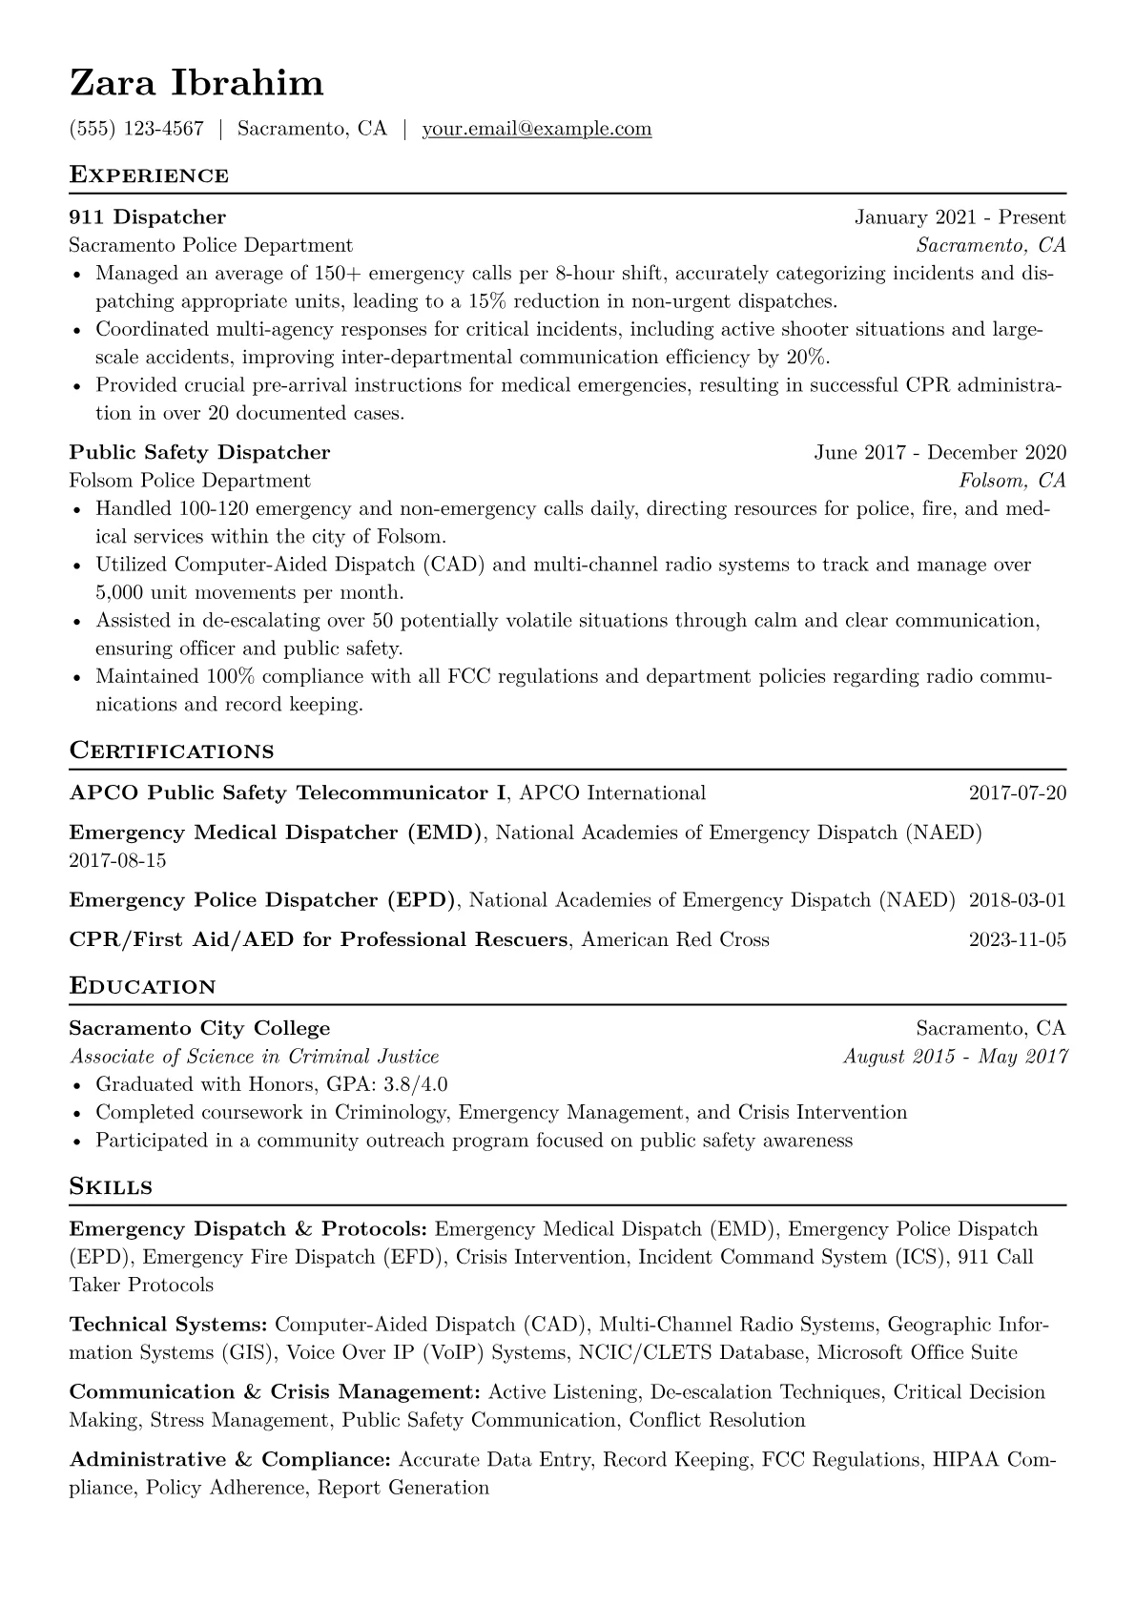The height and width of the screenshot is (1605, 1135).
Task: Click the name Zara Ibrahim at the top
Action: click(196, 84)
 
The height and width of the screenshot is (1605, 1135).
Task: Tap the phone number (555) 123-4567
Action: click(136, 129)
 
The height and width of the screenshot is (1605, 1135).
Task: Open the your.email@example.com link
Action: click(537, 129)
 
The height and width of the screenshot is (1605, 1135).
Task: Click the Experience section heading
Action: click(149, 175)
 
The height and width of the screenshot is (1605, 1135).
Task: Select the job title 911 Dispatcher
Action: click(148, 217)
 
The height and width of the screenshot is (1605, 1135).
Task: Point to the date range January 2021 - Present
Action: click(960, 217)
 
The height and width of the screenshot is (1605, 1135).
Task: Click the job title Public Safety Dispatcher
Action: click(199, 452)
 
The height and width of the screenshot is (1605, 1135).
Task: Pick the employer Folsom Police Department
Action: click(190, 481)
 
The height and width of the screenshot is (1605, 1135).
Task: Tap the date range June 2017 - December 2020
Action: click(939, 452)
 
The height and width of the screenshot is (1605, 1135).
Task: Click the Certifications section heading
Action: click(172, 751)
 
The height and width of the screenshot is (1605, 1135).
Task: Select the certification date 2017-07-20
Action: click(1017, 793)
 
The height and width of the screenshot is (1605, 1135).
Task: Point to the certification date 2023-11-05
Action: click(1017, 940)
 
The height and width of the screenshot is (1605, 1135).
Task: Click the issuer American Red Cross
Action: click(675, 940)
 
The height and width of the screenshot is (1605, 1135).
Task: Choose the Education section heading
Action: click(143, 986)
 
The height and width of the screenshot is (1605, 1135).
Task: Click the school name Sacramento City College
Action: click(199, 1029)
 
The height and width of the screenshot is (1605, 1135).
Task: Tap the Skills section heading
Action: click(111, 1187)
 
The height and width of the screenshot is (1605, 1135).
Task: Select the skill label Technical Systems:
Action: click(169, 1325)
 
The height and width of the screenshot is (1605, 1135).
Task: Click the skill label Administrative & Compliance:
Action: click(231, 1460)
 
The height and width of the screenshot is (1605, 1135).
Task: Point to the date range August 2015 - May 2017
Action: click(955, 1057)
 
